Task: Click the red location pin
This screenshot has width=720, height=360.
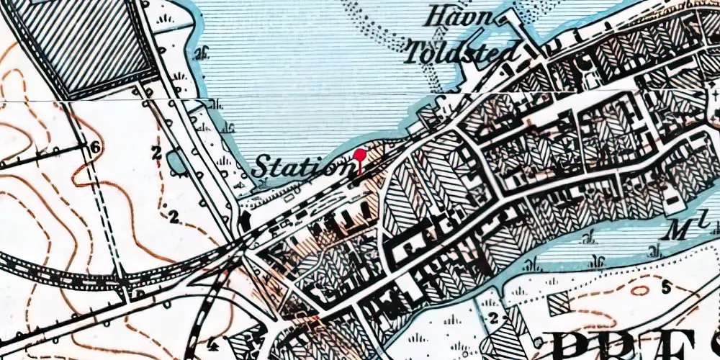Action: click(x=359, y=154)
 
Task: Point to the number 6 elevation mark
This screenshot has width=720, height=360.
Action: click(x=94, y=148)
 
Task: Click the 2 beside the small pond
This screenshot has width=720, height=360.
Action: click(x=156, y=153)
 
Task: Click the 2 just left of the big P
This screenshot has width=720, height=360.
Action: click(x=493, y=318)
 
